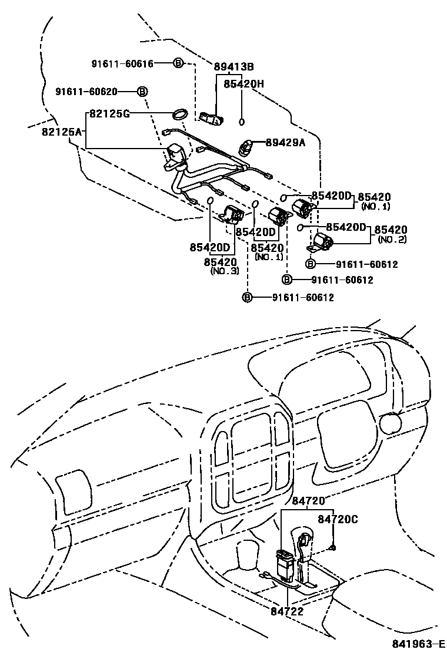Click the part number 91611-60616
pyautogui.click(x=122, y=63)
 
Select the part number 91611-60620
pyautogui.click(x=86, y=92)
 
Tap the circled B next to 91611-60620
pyautogui.click(x=142, y=92)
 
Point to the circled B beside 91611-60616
pyautogui.click(x=178, y=63)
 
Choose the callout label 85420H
pyautogui.click(x=243, y=84)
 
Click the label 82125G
pyautogui.click(x=109, y=113)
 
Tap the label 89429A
pyautogui.click(x=285, y=142)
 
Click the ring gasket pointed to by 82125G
pyautogui.click(x=180, y=113)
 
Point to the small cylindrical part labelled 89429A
pyautogui.click(x=246, y=146)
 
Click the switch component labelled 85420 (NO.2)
pyautogui.click(x=323, y=240)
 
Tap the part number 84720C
pyautogui.click(x=338, y=519)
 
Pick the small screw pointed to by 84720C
pyautogui.click(x=333, y=548)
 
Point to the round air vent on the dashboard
pyautogui.click(x=389, y=422)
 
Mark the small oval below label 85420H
pyautogui.click(x=242, y=122)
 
